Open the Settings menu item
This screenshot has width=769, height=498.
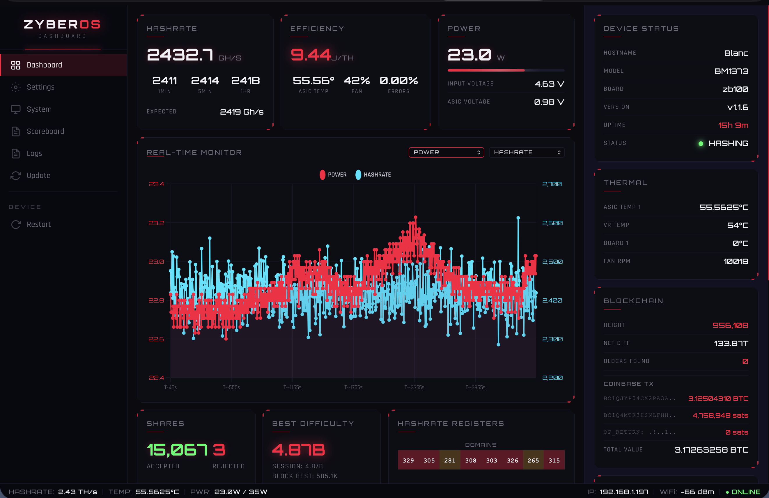pyautogui.click(x=40, y=87)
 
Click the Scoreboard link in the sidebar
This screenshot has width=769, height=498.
pyautogui.click(x=45, y=131)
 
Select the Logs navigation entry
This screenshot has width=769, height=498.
pyautogui.click(x=34, y=153)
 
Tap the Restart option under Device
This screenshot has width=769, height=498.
pyautogui.click(x=38, y=224)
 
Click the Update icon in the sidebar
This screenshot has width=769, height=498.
pyautogui.click(x=15, y=175)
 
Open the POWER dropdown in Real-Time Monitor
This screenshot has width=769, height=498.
pyautogui.click(x=446, y=152)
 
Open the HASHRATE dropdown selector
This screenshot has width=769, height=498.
pyautogui.click(x=527, y=152)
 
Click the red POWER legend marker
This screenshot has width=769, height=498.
pyautogui.click(x=322, y=175)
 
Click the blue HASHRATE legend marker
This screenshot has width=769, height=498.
pyautogui.click(x=358, y=175)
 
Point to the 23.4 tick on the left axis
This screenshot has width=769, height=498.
pyautogui.click(x=156, y=184)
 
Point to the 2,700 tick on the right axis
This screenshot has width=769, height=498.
pyautogui.click(x=552, y=184)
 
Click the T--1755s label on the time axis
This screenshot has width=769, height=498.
pyautogui.click(x=353, y=387)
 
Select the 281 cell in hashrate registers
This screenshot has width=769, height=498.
pyautogui.click(x=450, y=460)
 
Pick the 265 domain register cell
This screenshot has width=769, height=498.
pyautogui.click(x=533, y=460)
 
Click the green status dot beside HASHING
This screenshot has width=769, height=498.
pyautogui.click(x=701, y=143)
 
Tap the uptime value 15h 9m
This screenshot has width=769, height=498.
pyautogui.click(x=733, y=125)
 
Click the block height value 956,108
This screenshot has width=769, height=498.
pyautogui.click(x=730, y=325)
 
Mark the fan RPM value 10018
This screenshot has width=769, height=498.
pyautogui.click(x=736, y=261)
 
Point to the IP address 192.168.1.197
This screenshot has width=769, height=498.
pyautogui.click(x=624, y=492)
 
